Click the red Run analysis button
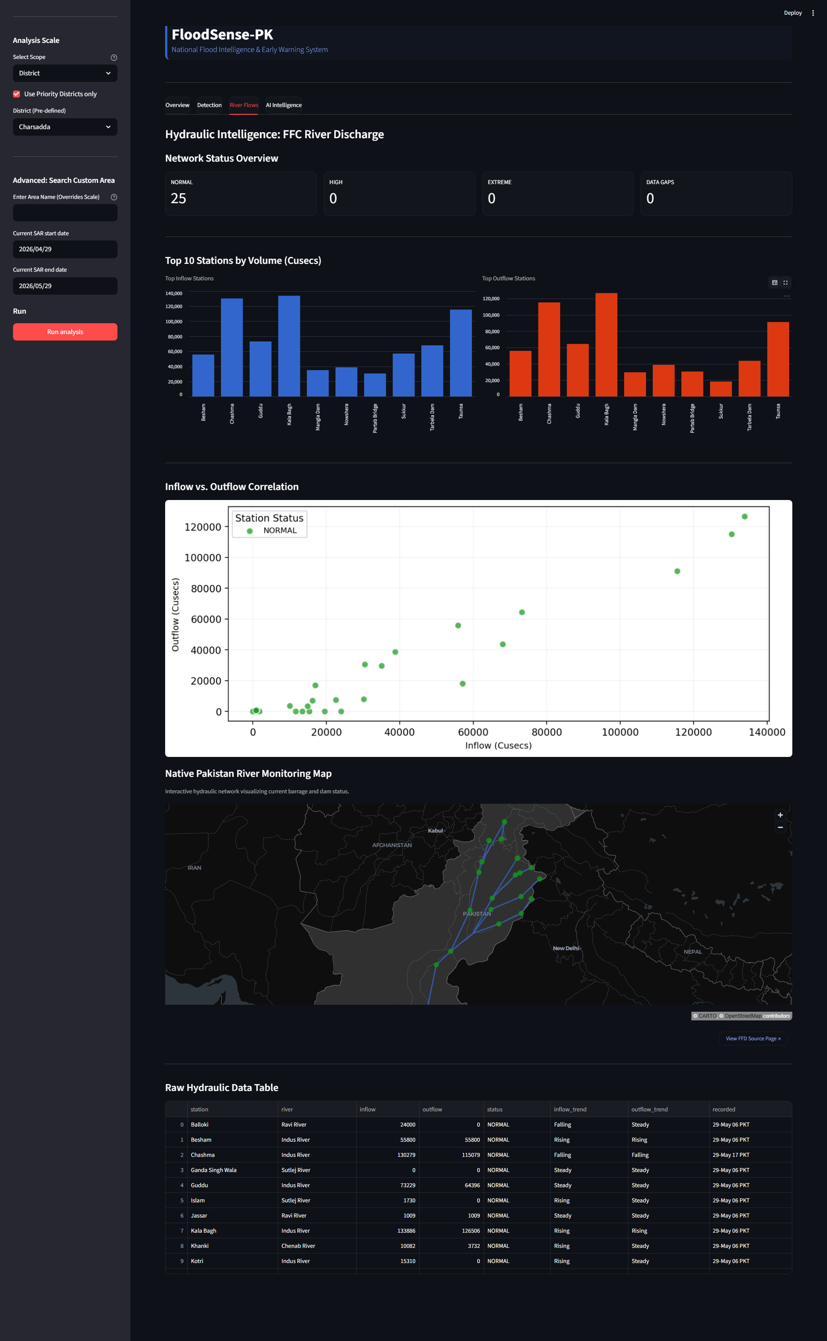click(x=65, y=332)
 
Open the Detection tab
click(x=209, y=105)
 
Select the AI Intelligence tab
click(x=284, y=105)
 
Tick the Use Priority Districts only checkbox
click(x=16, y=94)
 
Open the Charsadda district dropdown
click(x=65, y=127)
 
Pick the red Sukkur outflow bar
click(x=721, y=389)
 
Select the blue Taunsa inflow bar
click(x=461, y=353)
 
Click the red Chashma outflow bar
click(x=549, y=349)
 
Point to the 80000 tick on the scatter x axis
click(x=547, y=732)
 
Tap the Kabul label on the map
click(x=435, y=831)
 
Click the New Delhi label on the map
click(x=566, y=948)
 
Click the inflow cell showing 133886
click(x=407, y=1231)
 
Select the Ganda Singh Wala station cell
click(x=213, y=1170)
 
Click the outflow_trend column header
click(x=649, y=1109)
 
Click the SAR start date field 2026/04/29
click(x=65, y=249)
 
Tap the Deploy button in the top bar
click(x=792, y=13)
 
